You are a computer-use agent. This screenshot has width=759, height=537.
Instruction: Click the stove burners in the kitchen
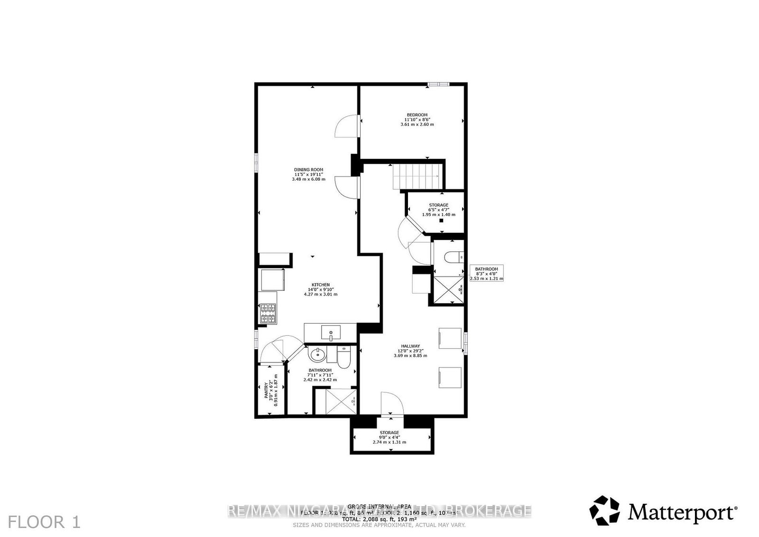(x=268, y=313)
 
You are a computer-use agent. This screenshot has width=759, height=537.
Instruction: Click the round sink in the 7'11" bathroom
(x=316, y=354)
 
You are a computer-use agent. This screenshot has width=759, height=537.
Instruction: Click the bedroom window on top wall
(x=437, y=84)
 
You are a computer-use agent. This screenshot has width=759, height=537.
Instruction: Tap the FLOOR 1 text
(x=44, y=522)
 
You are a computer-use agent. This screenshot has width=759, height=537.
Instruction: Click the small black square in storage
(x=441, y=221)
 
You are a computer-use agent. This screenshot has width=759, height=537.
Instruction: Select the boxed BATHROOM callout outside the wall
(x=486, y=274)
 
